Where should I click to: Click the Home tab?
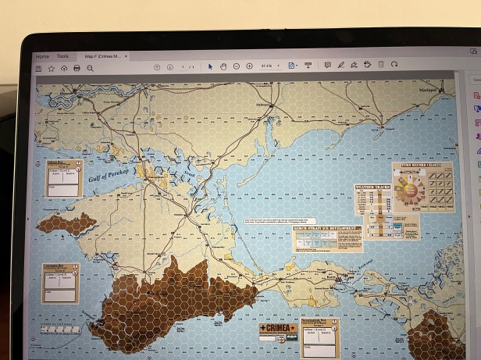coord(42,56)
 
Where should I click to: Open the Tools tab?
coord(62,56)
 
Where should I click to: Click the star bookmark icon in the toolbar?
coord(51,68)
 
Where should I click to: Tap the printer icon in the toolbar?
coord(77,68)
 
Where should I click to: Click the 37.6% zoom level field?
coord(267,66)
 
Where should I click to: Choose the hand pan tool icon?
coord(223,66)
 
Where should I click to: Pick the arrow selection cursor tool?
coord(209,66)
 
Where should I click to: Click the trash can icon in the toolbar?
coord(381,66)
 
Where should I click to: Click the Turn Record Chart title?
coord(421,167)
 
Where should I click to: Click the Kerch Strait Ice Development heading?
coord(327,229)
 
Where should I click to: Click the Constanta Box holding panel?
coord(61,283)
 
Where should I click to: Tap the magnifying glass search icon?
coord(90,68)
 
